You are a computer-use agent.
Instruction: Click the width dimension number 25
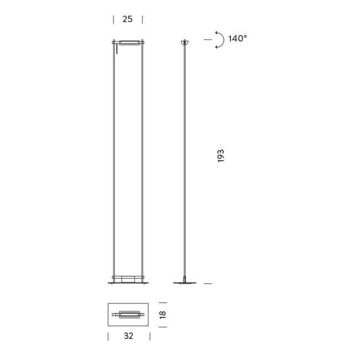pyautogui.click(x=127, y=19)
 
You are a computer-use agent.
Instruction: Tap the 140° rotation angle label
pyautogui.click(x=238, y=39)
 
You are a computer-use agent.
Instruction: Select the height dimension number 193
pyautogui.click(x=220, y=155)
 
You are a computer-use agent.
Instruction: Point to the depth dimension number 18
pyautogui.click(x=162, y=314)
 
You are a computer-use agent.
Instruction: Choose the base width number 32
pyautogui.click(x=128, y=336)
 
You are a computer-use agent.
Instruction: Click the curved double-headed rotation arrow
pyautogui.click(x=219, y=40)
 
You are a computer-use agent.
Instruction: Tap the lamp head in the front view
pyautogui.click(x=128, y=42)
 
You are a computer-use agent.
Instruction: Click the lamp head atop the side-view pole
pyautogui.click(x=185, y=42)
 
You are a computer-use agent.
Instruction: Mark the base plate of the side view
pyautogui.click(x=185, y=282)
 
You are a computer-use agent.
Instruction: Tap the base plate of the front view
pyautogui.click(x=128, y=282)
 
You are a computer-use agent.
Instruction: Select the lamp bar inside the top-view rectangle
pyautogui.click(x=128, y=315)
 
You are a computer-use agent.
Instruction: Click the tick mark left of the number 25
pyautogui.click(x=114, y=19)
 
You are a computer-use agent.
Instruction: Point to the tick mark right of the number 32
pyautogui.click(x=149, y=336)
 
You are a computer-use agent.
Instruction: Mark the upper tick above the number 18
pyautogui.click(x=162, y=302)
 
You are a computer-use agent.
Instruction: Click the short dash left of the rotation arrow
pyautogui.click(x=208, y=39)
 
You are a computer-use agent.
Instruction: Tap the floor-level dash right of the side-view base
pyautogui.click(x=208, y=283)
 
